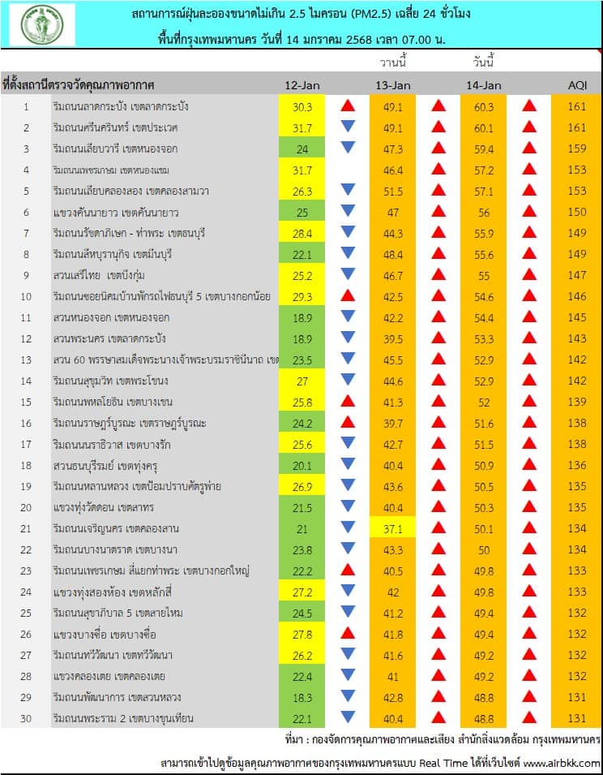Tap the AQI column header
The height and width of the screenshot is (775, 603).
tap(576, 85)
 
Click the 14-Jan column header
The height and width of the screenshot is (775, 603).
tap(484, 85)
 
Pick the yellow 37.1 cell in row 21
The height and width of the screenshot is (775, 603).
tap(393, 528)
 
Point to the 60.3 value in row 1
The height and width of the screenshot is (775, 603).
tap(484, 106)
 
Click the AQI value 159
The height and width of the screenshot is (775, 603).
tap(576, 149)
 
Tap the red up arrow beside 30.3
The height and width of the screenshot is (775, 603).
tap(348, 106)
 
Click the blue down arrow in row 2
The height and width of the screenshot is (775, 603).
tap(348, 127)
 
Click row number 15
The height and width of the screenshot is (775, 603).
tap(26, 402)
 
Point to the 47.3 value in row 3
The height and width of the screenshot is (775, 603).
tap(393, 149)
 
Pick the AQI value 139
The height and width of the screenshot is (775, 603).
tap(576, 402)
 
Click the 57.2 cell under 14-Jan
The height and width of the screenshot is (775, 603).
tap(484, 170)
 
